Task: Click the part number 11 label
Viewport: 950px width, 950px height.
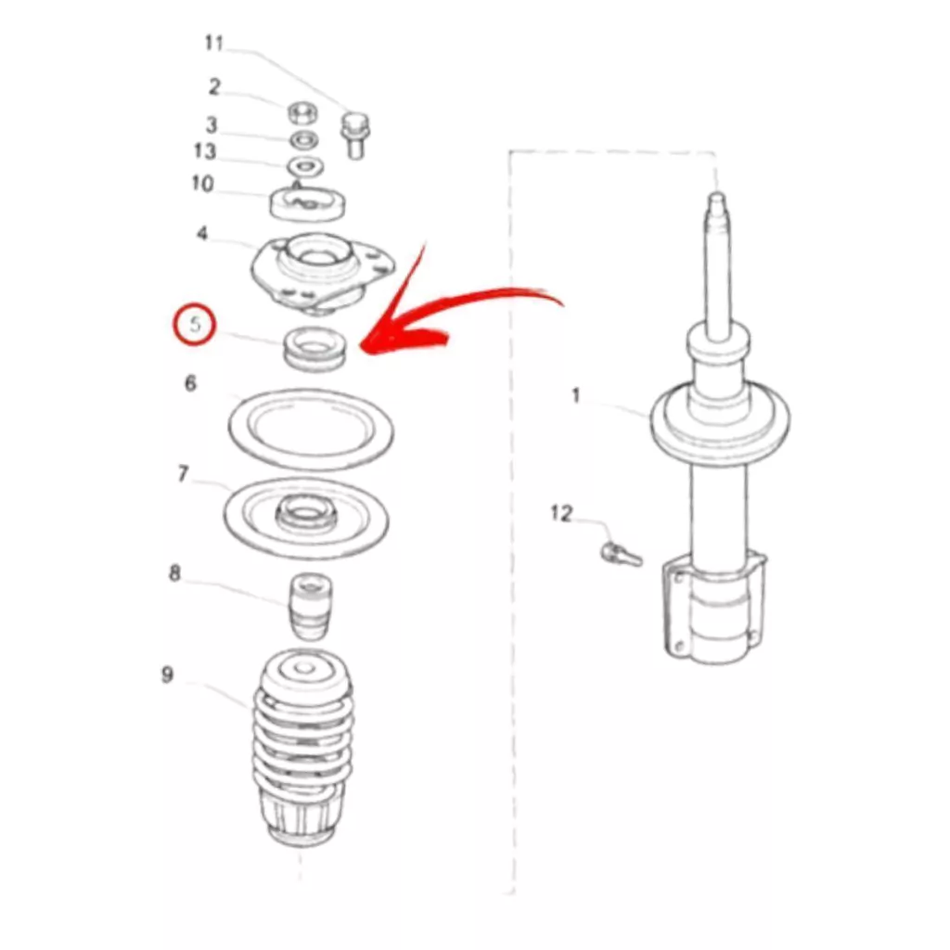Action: (x=214, y=44)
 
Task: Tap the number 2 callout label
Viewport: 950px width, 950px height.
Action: (x=214, y=87)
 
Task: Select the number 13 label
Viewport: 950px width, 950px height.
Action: (x=205, y=151)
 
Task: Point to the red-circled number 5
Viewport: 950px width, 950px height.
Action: (x=195, y=325)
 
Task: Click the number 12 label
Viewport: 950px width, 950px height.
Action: (x=561, y=514)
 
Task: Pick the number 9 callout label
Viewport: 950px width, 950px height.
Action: (x=167, y=674)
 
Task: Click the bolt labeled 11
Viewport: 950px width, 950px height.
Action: (x=355, y=135)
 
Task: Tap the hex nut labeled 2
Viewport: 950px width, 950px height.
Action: (x=304, y=113)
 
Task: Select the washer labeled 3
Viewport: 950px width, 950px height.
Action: (x=304, y=141)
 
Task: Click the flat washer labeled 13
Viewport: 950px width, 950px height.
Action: (x=304, y=165)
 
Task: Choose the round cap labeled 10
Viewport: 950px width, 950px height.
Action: (x=307, y=203)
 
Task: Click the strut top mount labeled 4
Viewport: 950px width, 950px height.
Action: (x=323, y=274)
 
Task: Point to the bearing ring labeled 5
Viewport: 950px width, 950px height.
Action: (x=315, y=349)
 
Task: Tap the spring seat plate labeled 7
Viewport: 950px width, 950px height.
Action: (x=306, y=518)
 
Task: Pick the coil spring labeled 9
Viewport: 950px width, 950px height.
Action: (x=302, y=748)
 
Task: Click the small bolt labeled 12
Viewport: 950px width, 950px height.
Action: (x=622, y=553)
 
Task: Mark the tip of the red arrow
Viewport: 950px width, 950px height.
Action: (x=362, y=349)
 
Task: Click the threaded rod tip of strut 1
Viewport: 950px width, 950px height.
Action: (x=717, y=198)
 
